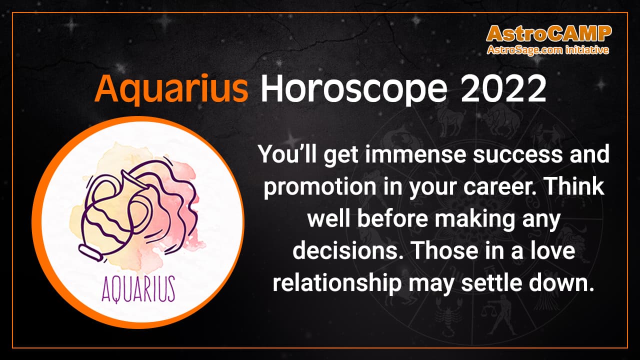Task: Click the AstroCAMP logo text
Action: coord(548,34)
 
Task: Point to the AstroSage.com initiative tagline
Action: coord(548,50)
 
